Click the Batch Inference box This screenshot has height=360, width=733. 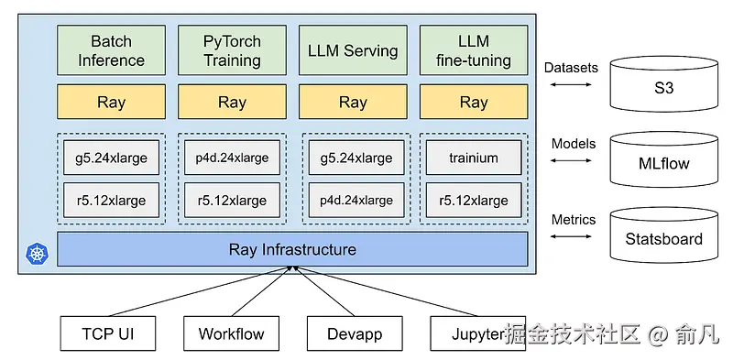[111, 50]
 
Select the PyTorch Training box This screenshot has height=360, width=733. [232, 50]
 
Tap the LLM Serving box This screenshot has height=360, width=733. [353, 50]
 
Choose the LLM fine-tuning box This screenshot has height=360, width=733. [474, 50]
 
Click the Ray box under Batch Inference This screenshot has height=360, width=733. [111, 102]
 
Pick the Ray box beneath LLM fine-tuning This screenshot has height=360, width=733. [474, 102]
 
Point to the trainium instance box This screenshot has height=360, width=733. [474, 158]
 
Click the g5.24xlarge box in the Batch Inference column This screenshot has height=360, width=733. [111, 158]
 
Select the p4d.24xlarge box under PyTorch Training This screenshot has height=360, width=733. [232, 158]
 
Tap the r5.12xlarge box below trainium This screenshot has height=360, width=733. [474, 201]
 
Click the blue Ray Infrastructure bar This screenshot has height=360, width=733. [292, 249]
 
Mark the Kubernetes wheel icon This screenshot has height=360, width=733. [37, 253]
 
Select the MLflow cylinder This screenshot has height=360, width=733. [664, 161]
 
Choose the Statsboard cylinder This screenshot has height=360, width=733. [664, 236]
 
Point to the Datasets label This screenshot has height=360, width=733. [571, 68]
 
